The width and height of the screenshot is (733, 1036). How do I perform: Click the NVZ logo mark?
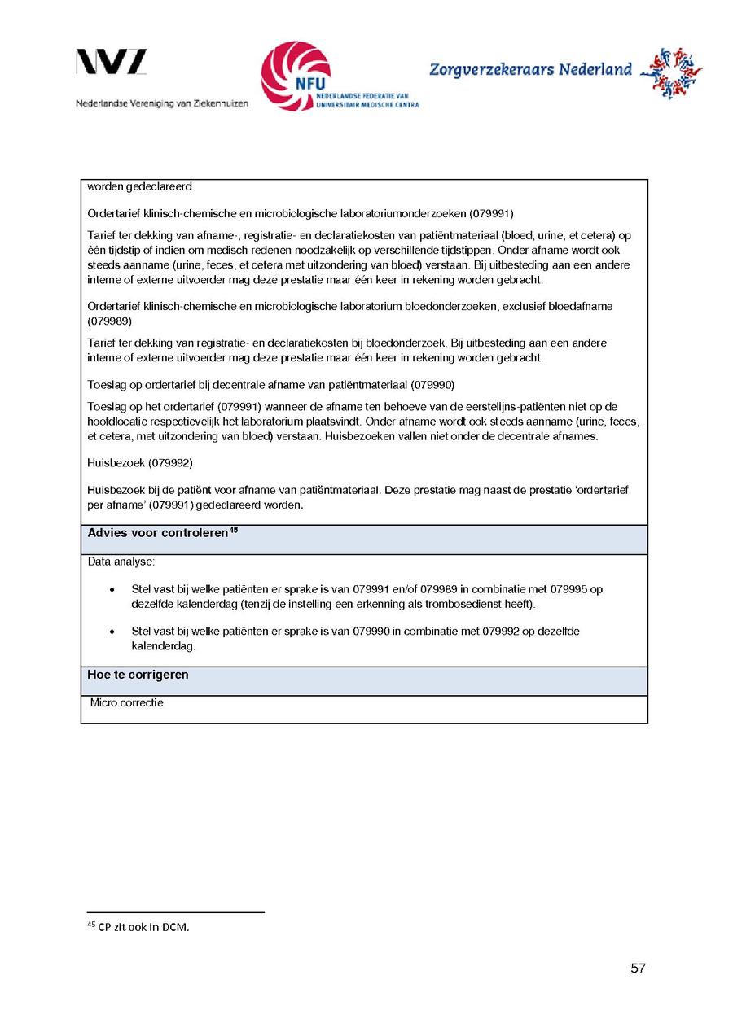(112, 62)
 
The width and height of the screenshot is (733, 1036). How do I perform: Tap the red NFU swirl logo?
(296, 76)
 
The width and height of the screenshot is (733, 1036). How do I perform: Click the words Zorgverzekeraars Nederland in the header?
(530, 70)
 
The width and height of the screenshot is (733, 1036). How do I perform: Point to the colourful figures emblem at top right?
(670, 73)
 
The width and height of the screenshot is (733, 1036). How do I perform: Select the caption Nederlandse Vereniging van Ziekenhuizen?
(162, 103)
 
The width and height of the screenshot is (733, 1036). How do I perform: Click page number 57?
(638, 968)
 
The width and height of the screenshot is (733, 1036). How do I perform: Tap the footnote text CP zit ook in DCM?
(143, 927)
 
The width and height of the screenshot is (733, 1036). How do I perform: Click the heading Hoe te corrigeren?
(138, 675)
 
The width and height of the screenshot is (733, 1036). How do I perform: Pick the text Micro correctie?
(127, 702)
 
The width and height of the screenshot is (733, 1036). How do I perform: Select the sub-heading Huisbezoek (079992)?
(139, 462)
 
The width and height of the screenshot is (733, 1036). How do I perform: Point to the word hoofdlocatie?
(116, 422)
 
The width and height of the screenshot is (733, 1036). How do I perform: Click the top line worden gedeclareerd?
(140, 186)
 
